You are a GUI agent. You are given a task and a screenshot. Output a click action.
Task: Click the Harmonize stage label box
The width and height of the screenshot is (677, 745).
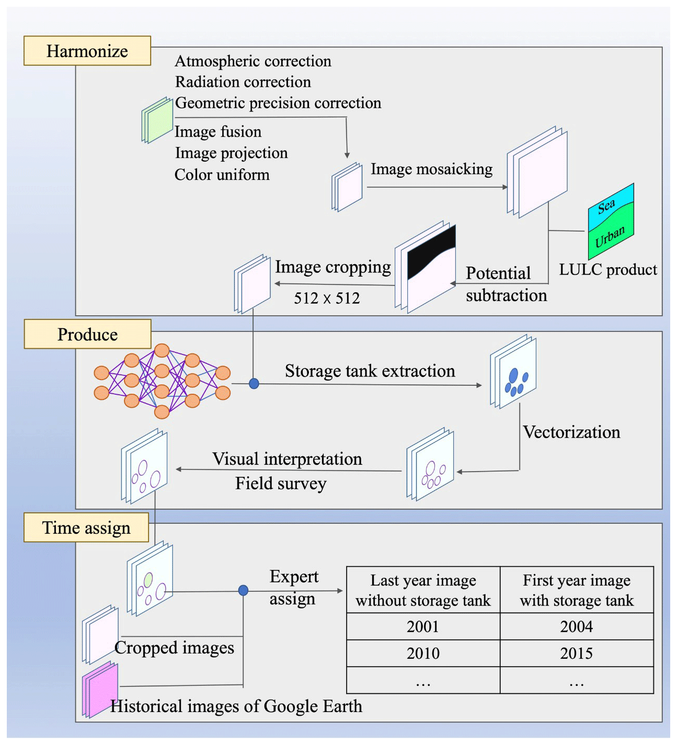click(x=87, y=51)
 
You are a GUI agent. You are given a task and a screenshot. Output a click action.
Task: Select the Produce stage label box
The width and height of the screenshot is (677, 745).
click(x=87, y=334)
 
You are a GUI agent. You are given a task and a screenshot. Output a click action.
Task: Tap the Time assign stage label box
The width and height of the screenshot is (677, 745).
click(x=86, y=528)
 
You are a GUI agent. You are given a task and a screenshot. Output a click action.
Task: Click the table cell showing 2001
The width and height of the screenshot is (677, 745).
click(x=423, y=626)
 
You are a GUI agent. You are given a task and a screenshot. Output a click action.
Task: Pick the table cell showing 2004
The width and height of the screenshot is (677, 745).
click(x=577, y=626)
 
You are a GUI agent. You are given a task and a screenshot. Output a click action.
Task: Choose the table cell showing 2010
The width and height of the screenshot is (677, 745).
click(x=423, y=653)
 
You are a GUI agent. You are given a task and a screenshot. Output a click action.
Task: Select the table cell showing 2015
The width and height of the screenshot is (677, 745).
click(x=577, y=653)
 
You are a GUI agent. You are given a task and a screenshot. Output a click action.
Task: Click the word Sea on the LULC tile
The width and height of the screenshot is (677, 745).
click(x=606, y=206)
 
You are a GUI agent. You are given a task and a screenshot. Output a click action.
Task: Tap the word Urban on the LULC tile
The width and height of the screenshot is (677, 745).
click(x=610, y=236)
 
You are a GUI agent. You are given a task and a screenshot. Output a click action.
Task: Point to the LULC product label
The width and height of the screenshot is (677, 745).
click(x=608, y=270)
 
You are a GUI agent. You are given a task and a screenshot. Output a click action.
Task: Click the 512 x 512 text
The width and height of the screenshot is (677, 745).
click(x=327, y=299)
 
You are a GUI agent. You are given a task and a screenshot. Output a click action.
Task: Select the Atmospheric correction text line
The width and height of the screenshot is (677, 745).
click(x=253, y=61)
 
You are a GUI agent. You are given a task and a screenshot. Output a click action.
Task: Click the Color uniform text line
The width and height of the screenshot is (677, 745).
click(x=222, y=175)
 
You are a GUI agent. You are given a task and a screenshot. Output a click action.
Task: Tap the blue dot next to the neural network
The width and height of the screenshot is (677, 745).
click(x=254, y=384)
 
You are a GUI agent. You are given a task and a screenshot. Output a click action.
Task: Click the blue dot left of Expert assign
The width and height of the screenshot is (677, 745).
click(x=243, y=590)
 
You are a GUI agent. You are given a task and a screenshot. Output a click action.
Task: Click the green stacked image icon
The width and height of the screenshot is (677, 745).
click(x=158, y=120)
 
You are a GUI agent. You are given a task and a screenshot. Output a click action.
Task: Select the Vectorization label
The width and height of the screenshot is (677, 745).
click(x=571, y=432)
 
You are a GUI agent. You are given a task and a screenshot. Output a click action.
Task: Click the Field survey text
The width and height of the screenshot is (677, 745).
click(x=281, y=484)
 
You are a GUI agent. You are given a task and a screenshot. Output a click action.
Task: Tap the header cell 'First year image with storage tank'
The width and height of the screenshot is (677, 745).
click(x=577, y=590)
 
